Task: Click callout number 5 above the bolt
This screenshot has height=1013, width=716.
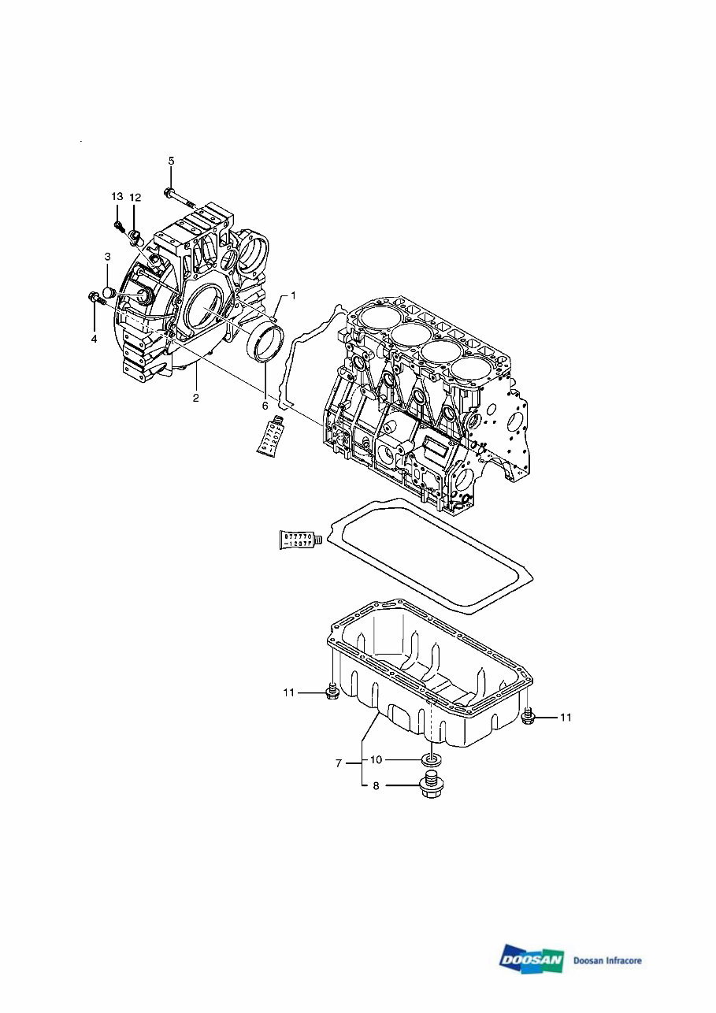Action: click(171, 161)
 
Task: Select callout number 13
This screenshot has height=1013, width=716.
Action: click(117, 196)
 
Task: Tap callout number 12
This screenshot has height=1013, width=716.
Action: click(135, 196)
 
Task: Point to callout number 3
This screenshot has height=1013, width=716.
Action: click(107, 257)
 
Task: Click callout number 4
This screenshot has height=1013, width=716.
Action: click(94, 339)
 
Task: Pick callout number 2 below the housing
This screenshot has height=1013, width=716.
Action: click(195, 398)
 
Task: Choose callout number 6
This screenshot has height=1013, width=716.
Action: click(265, 405)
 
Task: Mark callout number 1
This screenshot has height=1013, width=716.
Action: click(293, 295)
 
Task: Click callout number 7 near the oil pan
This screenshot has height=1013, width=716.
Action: click(338, 763)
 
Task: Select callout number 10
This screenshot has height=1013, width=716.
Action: click(376, 759)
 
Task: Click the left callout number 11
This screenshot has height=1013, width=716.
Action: click(289, 692)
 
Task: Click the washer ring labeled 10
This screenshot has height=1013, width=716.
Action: click(430, 760)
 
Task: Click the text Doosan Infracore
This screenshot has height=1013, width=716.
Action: click(607, 960)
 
